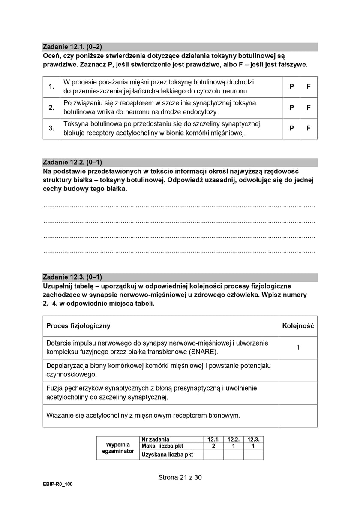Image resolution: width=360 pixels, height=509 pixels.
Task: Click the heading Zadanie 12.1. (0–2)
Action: coord(72,47)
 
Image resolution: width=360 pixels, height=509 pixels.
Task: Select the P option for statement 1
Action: coord(291,87)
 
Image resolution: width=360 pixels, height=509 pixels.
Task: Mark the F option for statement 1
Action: coord(309,87)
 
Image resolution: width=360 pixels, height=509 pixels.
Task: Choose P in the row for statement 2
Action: coord(291,108)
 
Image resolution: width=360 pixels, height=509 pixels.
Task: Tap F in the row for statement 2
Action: coord(309,108)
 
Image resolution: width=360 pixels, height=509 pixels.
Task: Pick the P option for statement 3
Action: coord(291,129)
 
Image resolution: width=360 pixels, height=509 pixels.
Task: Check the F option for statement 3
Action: coord(309,129)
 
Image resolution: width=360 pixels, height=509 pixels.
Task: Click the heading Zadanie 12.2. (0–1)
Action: coord(72,163)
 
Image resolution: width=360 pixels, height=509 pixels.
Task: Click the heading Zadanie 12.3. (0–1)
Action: coord(72,277)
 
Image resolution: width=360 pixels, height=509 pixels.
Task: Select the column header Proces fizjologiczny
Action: coord(78,326)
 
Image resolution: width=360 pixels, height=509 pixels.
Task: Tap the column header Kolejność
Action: coord(298,326)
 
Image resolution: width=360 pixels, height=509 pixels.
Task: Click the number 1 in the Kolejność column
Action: coord(298,348)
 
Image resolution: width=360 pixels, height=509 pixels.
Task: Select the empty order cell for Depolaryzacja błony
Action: coord(298,370)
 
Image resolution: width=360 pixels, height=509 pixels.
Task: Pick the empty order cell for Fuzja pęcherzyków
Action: coord(298,393)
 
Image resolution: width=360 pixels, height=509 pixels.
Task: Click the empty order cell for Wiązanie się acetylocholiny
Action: coord(298,416)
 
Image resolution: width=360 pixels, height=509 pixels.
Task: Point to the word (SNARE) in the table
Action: coord(202,352)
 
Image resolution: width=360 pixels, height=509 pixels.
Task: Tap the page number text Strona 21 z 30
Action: coord(180,477)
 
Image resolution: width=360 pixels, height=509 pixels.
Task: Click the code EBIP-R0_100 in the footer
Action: coord(58,484)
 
